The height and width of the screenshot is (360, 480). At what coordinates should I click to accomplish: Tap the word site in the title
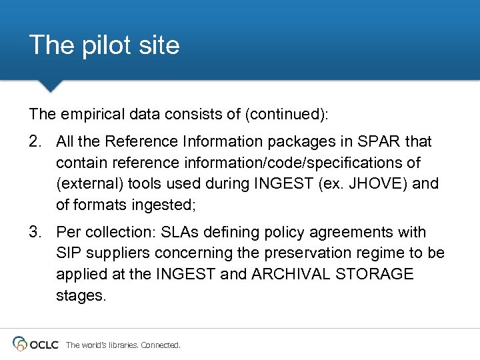[x=158, y=45]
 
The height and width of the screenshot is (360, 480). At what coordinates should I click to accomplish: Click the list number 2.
[x=35, y=141]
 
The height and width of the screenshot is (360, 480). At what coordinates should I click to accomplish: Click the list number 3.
[x=35, y=232]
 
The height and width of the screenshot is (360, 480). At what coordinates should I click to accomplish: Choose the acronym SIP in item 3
[x=69, y=253]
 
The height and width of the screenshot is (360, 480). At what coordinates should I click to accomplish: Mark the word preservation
[x=312, y=253]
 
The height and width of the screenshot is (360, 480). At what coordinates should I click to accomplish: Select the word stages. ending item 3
[x=81, y=295]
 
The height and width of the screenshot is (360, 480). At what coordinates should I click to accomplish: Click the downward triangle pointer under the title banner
[x=50, y=86]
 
